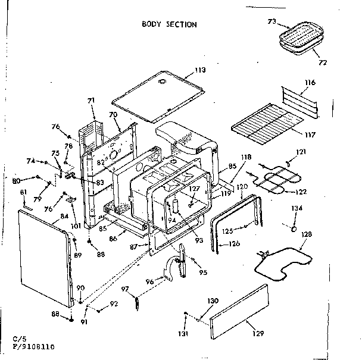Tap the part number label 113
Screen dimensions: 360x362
[199, 70]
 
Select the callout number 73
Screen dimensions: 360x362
[271, 21]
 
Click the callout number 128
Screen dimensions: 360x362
[306, 234]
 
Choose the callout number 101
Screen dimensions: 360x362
[74, 209]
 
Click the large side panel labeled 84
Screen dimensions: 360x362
[45, 262]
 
